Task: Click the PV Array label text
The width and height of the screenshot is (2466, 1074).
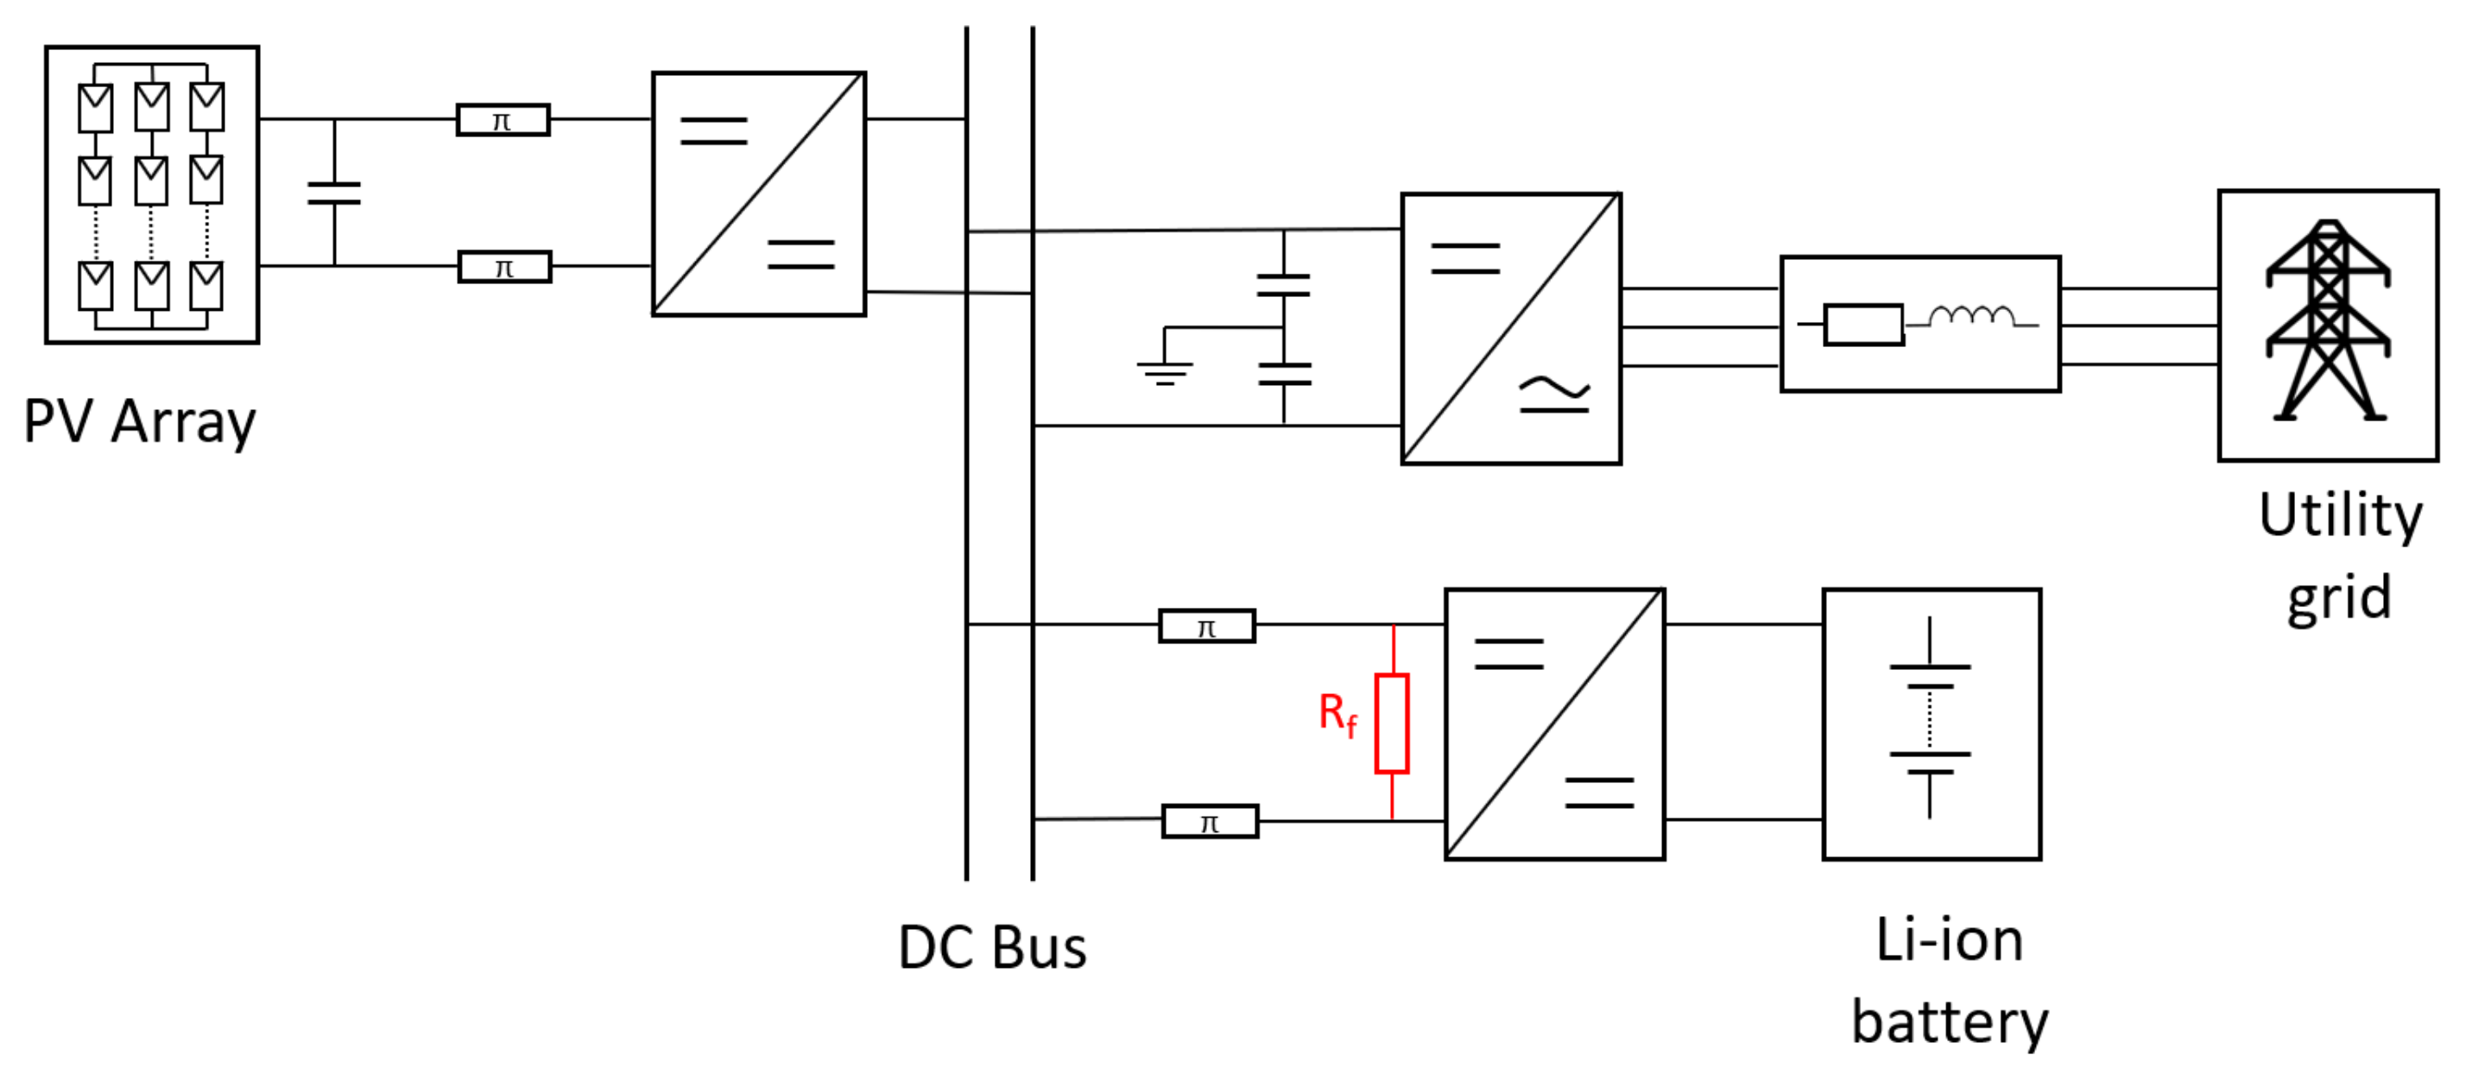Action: pos(140,421)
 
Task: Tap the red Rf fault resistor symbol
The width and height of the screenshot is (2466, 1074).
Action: pos(1391,723)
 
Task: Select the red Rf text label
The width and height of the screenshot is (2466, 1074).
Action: pos(1337,714)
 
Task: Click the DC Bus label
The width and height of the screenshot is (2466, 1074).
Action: pos(992,948)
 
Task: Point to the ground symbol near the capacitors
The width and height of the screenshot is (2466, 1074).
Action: pos(1164,370)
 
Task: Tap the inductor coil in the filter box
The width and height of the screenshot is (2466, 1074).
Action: pos(1971,317)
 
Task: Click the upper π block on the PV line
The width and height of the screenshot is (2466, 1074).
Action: pos(503,121)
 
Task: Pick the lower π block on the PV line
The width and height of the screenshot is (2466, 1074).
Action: pos(504,267)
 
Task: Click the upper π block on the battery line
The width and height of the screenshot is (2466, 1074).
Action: pos(1206,627)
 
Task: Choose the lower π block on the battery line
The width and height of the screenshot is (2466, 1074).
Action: pos(1209,822)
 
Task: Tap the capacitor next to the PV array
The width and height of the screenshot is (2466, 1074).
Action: pos(334,193)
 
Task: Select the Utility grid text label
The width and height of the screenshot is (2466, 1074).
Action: pos(2339,555)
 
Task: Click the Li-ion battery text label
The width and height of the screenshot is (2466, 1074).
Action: pos(1948,980)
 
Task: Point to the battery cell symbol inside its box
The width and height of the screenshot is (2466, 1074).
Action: pos(1929,718)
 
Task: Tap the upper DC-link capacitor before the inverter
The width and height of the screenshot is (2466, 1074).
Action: pos(1283,284)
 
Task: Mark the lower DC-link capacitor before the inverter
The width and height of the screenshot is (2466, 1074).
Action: pos(1284,373)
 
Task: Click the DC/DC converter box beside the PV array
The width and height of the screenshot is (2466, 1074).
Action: pos(758,193)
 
